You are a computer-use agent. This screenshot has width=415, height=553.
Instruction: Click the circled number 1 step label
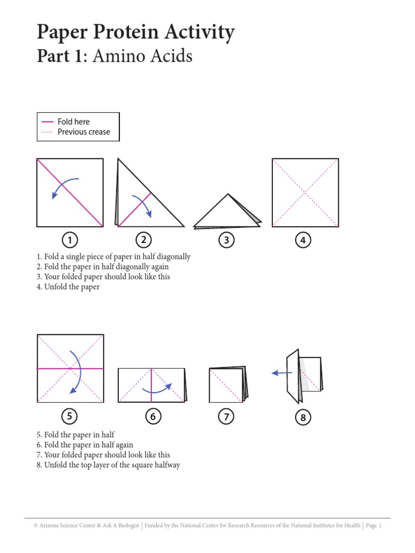click(70, 240)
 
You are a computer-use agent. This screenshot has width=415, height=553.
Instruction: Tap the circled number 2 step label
click(143, 240)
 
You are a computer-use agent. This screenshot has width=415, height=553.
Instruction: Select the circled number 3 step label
click(226, 240)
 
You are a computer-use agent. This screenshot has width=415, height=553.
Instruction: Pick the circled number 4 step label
click(303, 240)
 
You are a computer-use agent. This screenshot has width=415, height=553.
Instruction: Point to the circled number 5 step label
click(70, 416)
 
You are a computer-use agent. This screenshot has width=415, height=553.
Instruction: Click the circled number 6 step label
click(153, 416)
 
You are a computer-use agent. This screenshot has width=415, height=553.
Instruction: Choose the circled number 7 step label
click(226, 416)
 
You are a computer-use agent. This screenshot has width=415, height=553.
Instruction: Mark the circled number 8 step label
click(303, 417)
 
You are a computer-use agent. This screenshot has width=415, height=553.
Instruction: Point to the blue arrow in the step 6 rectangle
click(157, 388)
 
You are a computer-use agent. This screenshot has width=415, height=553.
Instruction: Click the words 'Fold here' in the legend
click(73, 122)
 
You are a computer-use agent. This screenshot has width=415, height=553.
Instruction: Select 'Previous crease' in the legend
click(84, 132)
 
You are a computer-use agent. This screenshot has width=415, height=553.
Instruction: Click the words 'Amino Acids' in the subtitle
click(142, 56)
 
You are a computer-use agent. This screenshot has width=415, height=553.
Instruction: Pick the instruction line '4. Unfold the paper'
click(68, 287)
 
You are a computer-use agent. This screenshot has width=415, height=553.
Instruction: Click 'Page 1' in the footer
click(374, 525)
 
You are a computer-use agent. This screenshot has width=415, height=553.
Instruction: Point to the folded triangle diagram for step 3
click(227, 212)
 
